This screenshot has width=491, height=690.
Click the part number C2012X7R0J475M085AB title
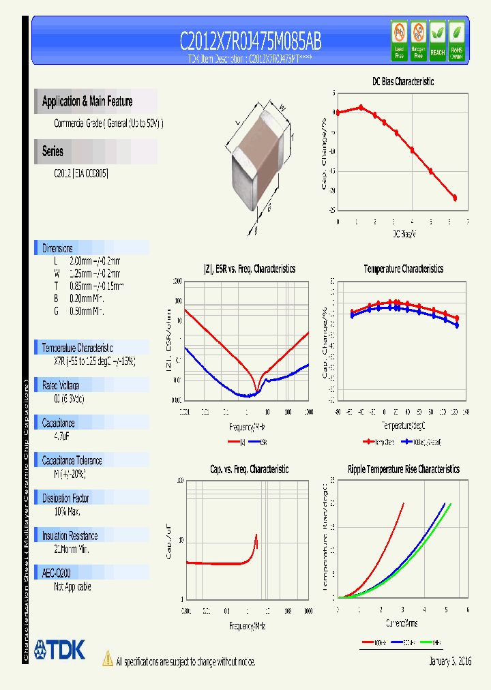[250, 42]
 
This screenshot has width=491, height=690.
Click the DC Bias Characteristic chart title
[402, 82]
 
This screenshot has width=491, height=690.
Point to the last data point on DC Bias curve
[455, 198]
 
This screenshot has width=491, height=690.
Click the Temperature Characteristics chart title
[403, 269]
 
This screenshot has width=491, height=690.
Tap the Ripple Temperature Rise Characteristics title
[403, 470]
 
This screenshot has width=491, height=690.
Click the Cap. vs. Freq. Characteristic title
[249, 470]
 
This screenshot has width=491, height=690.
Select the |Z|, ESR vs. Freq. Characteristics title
[250, 269]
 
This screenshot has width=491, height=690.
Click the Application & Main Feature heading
[87, 102]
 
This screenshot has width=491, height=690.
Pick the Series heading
[53, 152]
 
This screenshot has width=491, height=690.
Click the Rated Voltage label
[61, 385]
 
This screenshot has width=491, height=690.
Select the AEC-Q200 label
[57, 574]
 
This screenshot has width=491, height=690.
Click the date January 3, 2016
[450, 661]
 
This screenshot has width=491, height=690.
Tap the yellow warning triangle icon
[107, 659]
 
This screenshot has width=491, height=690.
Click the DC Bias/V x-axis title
[404, 234]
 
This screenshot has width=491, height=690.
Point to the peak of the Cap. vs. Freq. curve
[256, 535]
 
